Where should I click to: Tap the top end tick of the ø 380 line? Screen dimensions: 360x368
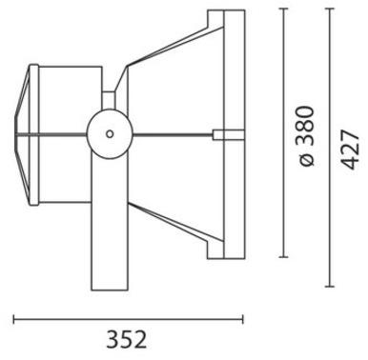(x=284, y=10)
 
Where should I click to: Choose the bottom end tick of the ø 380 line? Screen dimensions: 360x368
(x=284, y=257)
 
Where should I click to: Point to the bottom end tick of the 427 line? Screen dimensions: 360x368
(x=329, y=286)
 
